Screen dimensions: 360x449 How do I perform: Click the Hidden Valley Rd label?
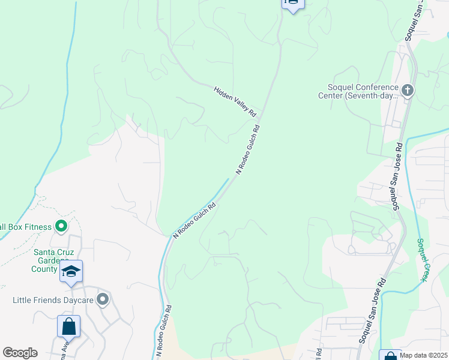pyautogui.click(x=235, y=101)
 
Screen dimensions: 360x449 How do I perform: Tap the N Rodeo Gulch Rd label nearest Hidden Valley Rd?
pyautogui.click(x=248, y=149)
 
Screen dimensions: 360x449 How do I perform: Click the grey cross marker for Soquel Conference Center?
pyautogui.click(x=408, y=91)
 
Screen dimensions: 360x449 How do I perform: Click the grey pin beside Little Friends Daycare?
pyautogui.click(x=103, y=299)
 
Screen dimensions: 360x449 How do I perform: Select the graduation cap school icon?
pyautogui.click(x=71, y=272)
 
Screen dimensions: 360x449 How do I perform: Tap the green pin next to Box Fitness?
pyautogui.click(x=61, y=227)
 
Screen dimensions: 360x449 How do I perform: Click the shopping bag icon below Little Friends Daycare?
pyautogui.click(x=68, y=327)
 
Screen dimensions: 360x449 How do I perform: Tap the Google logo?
pyautogui.click(x=20, y=353)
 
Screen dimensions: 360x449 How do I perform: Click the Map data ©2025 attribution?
pyautogui.click(x=423, y=355)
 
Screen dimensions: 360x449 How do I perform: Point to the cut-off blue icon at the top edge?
pyautogui.click(x=293, y=4)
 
